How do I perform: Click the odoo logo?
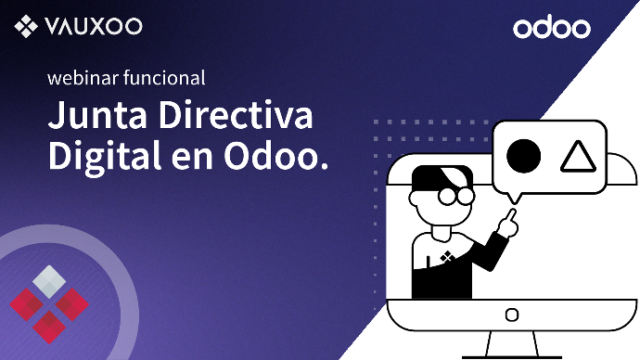552,27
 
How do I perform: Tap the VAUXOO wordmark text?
94,26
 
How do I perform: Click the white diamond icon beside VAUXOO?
26,26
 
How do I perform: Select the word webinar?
83,78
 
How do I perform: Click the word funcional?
164,78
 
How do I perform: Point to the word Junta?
97,115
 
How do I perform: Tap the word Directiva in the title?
236,114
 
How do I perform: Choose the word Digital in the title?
105,157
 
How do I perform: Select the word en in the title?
192,161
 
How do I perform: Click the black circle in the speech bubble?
524,156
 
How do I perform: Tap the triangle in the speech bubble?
579,156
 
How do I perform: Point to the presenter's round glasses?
456,197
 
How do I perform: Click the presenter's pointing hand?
508,224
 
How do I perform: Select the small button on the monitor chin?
512,315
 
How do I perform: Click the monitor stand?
512,345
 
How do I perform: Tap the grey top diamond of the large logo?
49,282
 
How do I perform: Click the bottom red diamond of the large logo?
49,328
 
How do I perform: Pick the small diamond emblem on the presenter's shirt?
447,257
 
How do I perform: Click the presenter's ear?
415,199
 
